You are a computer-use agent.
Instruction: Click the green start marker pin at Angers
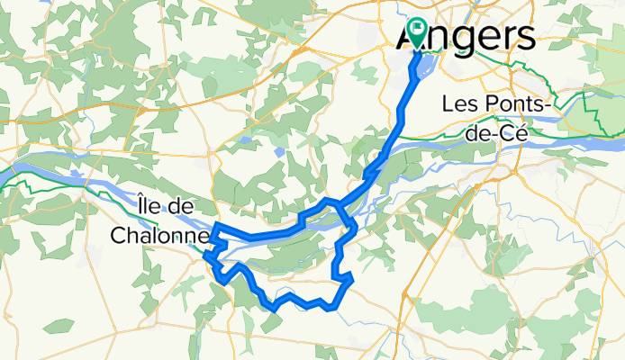(417, 31)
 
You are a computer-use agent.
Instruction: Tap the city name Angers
(466, 37)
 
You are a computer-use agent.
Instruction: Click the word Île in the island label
(151, 205)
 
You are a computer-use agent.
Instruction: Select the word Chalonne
(160, 235)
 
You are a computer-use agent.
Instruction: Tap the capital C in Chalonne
(117, 235)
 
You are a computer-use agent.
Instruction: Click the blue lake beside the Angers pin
(424, 66)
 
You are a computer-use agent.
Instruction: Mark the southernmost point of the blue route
(273, 310)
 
